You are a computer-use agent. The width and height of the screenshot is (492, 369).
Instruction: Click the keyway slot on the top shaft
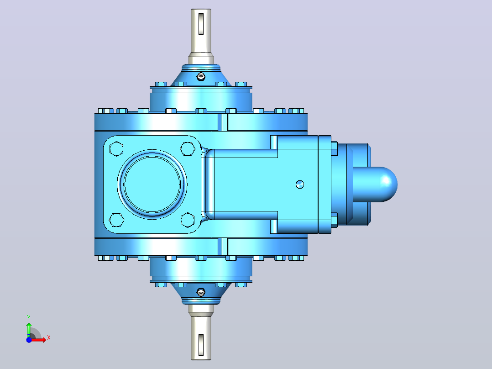201,24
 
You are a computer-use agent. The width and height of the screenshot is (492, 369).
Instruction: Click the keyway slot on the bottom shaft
201,345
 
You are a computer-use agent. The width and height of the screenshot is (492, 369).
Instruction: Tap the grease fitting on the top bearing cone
201,76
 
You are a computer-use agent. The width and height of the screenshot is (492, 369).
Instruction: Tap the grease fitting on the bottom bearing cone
201,292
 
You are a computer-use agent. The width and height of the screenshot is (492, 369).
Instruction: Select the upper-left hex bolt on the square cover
116,148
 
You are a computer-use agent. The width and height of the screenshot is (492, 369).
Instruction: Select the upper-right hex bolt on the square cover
188,148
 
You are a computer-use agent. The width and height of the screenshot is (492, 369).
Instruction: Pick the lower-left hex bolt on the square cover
116,220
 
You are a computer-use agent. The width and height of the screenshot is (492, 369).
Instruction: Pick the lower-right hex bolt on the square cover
188,220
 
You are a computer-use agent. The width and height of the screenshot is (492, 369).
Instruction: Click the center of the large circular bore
152,184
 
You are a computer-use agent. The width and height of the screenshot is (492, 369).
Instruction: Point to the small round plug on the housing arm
300,184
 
